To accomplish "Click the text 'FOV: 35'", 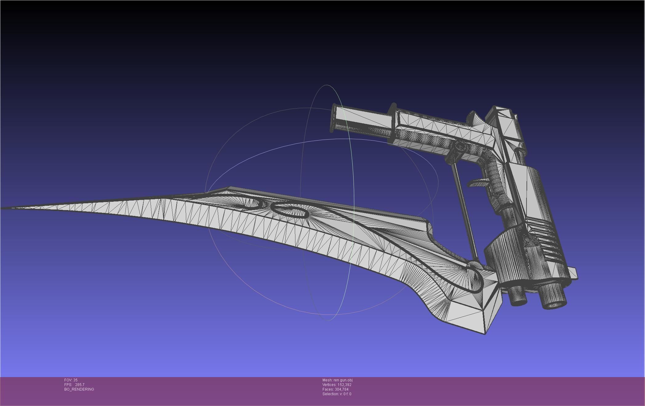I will [71, 380].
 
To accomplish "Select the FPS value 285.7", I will [79, 385].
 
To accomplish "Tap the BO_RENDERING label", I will [79, 389].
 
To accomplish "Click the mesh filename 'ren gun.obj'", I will [343, 380].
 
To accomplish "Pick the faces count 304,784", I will [342, 389].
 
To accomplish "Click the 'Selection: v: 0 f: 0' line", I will [337, 394].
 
